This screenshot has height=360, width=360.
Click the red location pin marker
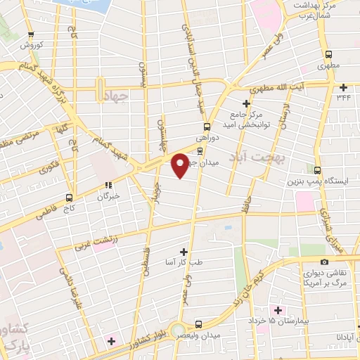(x=180, y=165)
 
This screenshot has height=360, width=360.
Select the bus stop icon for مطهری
(x=328, y=55)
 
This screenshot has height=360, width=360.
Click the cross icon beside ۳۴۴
(x=343, y=88)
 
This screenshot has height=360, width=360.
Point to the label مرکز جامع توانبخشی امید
(x=243, y=120)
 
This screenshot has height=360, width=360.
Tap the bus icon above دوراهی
(x=207, y=127)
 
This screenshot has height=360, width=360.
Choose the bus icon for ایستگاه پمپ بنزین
(x=318, y=170)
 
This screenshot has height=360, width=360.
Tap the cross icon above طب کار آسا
(x=184, y=251)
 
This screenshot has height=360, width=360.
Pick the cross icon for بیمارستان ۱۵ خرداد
(x=279, y=310)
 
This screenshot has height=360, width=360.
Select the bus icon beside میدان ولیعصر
(x=199, y=324)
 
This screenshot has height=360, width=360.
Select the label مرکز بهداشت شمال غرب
(x=316, y=10)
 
